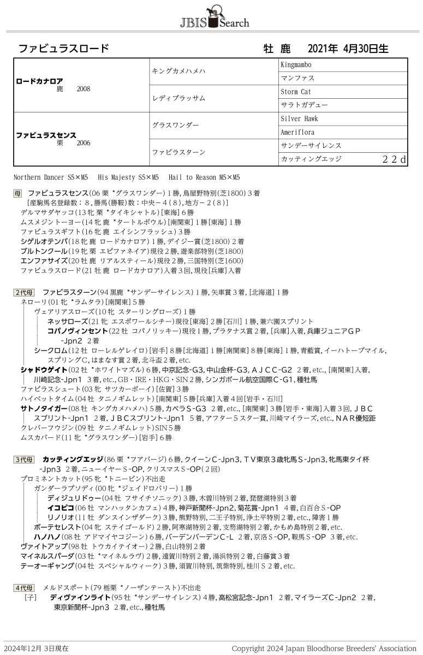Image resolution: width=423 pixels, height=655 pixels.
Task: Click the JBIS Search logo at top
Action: pos(214,17)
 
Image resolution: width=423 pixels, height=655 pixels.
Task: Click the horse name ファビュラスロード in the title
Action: pos(63,48)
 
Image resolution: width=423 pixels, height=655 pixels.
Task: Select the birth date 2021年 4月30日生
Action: pos(348,48)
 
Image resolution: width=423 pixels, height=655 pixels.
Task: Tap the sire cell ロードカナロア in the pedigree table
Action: pos(39,81)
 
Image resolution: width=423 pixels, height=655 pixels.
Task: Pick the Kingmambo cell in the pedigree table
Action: pos(296,65)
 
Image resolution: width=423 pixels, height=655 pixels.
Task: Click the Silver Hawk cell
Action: pos(299,118)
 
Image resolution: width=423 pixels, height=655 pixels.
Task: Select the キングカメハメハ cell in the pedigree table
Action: pos(178,71)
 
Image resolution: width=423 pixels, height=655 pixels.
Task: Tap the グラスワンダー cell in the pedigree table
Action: pos(175,125)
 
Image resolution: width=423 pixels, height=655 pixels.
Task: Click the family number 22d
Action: pos(394,159)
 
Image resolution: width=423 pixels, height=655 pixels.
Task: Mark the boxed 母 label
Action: pos(18,194)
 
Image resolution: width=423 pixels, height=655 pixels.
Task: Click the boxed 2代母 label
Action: pos(24,292)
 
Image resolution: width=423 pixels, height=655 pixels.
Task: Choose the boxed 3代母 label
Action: pos(24,460)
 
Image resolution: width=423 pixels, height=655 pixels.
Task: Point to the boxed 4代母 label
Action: pos(24,587)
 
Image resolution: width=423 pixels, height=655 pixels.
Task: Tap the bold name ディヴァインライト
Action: pos(75,597)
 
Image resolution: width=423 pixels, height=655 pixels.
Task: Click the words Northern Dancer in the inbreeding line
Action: pos(39,177)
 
